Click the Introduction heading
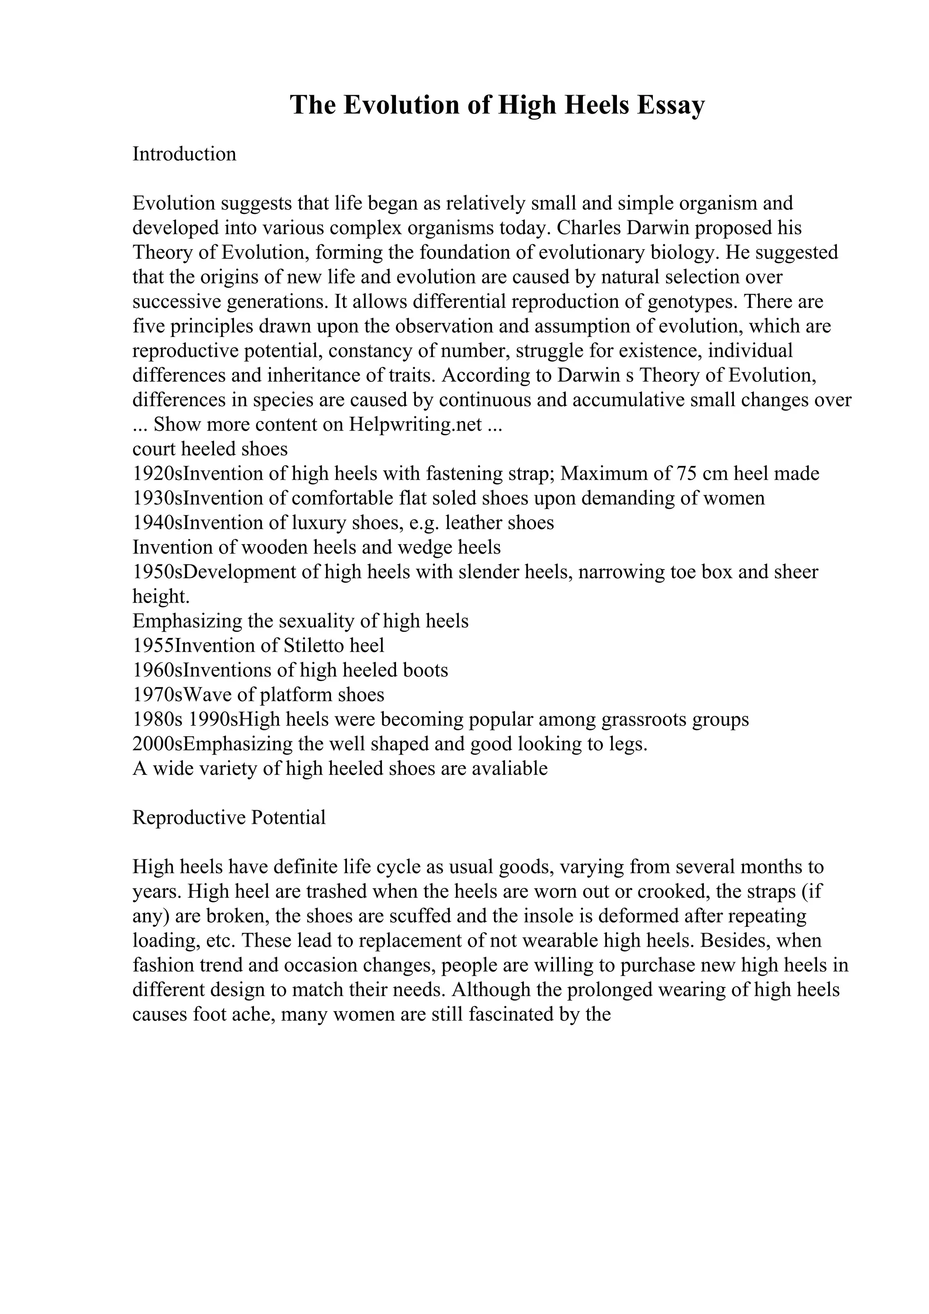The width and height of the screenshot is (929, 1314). click(x=184, y=154)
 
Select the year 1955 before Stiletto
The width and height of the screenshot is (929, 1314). click(x=153, y=646)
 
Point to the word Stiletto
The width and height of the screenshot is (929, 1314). click(x=313, y=646)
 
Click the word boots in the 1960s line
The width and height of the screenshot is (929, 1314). click(x=426, y=670)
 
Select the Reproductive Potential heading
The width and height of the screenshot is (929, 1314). click(x=229, y=818)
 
